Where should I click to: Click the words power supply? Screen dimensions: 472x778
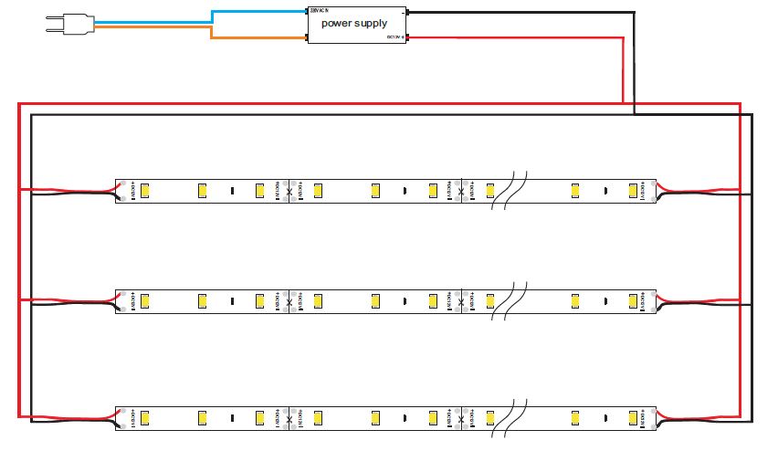coord(353,23)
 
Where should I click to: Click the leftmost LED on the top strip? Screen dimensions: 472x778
coord(145,191)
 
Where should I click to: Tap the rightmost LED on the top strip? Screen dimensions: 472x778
coord(633,191)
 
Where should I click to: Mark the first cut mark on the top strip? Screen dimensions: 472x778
coord(289,191)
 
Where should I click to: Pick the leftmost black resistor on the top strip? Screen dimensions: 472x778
coord(232,191)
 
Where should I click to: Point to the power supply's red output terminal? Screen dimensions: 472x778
coord(406,37)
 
